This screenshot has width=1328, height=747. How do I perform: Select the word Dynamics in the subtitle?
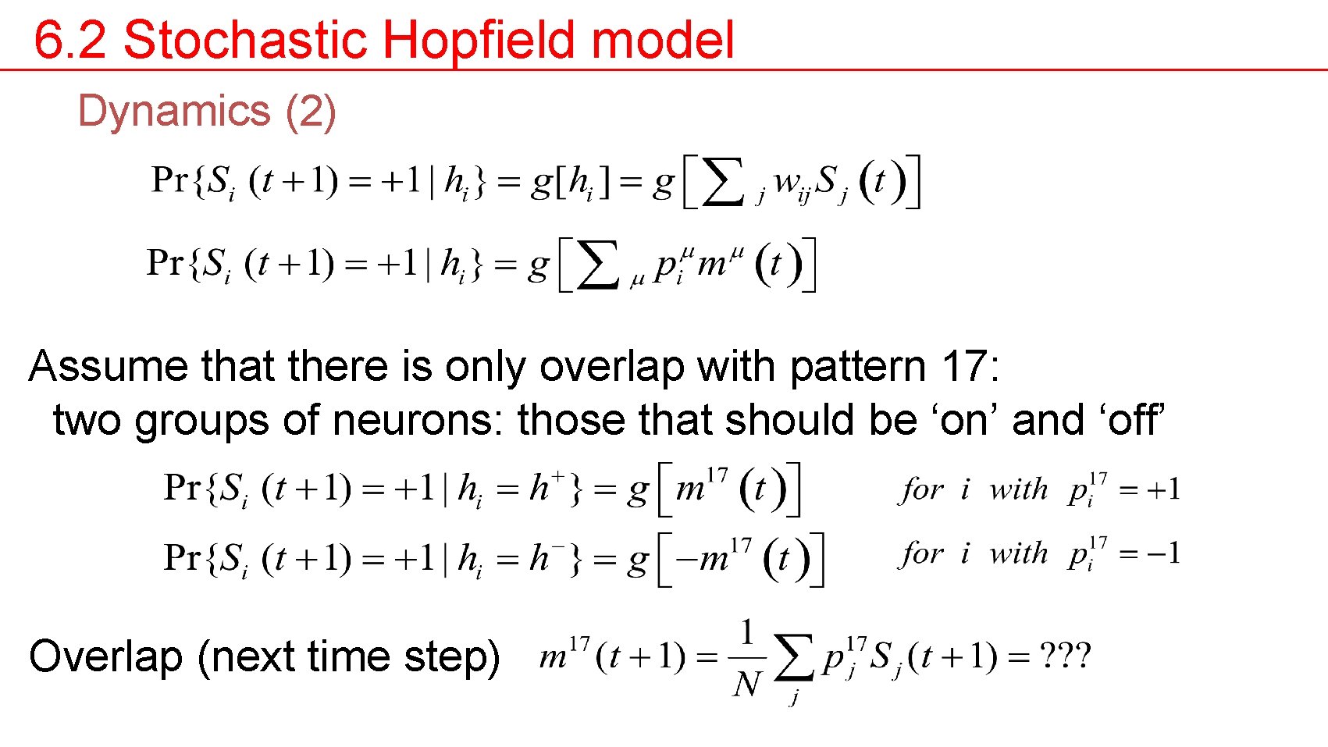(x=173, y=112)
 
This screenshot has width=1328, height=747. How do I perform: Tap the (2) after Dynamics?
(x=311, y=112)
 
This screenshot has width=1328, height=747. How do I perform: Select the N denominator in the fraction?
(x=747, y=685)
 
